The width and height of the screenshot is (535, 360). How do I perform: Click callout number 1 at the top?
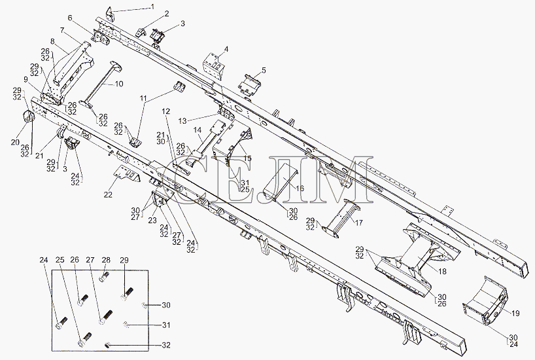152,7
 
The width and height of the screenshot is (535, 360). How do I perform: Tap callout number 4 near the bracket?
226,50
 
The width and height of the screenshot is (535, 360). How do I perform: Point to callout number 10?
119,84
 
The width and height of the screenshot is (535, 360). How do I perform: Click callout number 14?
198,130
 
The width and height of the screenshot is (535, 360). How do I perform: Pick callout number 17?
359,223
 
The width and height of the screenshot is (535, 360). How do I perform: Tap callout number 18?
442,272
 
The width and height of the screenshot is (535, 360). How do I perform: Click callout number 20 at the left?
15,142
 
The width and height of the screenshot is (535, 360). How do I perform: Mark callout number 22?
108,195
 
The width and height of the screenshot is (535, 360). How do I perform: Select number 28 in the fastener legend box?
106,261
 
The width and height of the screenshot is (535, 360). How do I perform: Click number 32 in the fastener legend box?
166,345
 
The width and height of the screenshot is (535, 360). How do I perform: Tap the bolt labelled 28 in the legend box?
105,276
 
